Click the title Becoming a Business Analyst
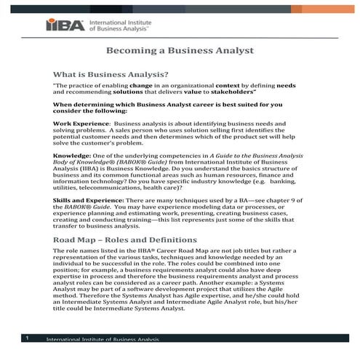tap(180, 52)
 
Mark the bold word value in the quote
tap(185, 93)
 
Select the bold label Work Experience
tap(81, 124)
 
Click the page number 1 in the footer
tap(26, 338)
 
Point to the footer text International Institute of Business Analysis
tap(102, 340)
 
